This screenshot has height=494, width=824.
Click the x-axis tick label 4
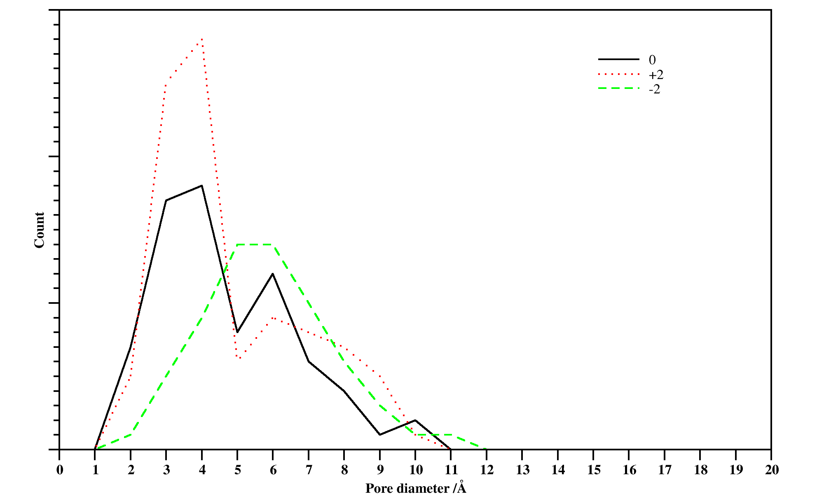pos(202,470)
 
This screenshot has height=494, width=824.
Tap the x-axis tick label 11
pos(451,470)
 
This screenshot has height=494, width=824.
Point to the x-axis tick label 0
pos(60,470)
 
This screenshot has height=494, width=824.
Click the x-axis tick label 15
pos(594,470)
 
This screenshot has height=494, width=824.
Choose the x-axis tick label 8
pos(344,470)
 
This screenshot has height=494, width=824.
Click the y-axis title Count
pos(39,230)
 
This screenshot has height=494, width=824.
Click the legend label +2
pos(656,75)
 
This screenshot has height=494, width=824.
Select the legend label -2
pos(654,89)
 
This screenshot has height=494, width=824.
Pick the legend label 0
pos(652,60)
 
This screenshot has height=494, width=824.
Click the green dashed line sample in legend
pos(618,89)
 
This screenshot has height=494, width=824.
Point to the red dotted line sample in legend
pos(618,74)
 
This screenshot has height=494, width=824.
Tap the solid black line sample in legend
pos(618,59)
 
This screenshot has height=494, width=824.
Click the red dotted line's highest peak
pos(202,39)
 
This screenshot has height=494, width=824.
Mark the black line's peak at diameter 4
pos(201,186)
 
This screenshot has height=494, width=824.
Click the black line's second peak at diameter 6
pos(273,274)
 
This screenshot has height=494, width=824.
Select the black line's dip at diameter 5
pos(237,332)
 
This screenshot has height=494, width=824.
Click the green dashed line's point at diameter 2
pos(131,435)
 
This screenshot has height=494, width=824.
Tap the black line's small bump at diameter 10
pos(415,420)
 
